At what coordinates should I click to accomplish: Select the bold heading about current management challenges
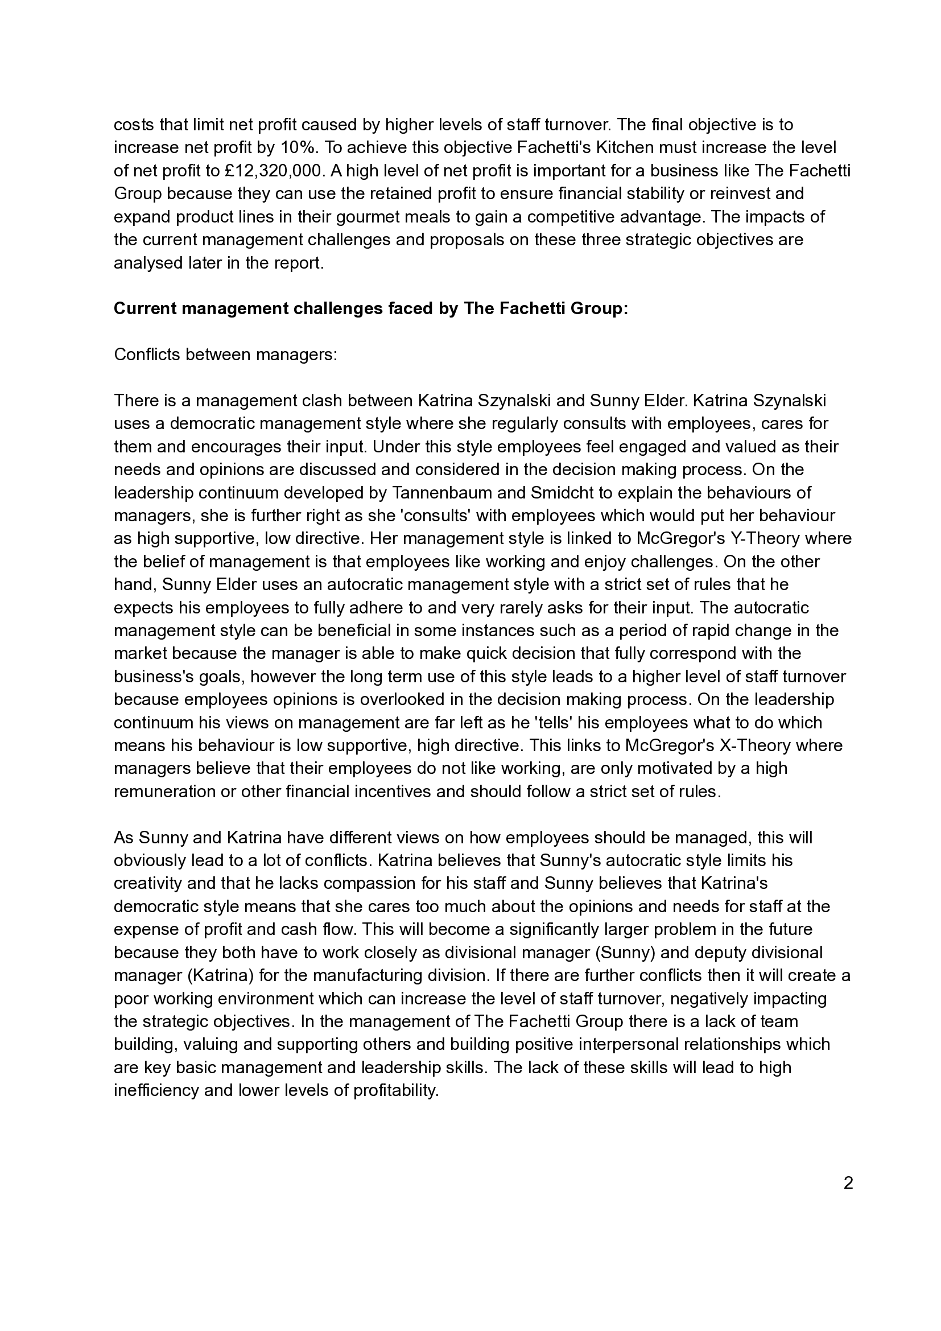pos(371,308)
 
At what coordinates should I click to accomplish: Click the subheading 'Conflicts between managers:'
pos(225,354)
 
